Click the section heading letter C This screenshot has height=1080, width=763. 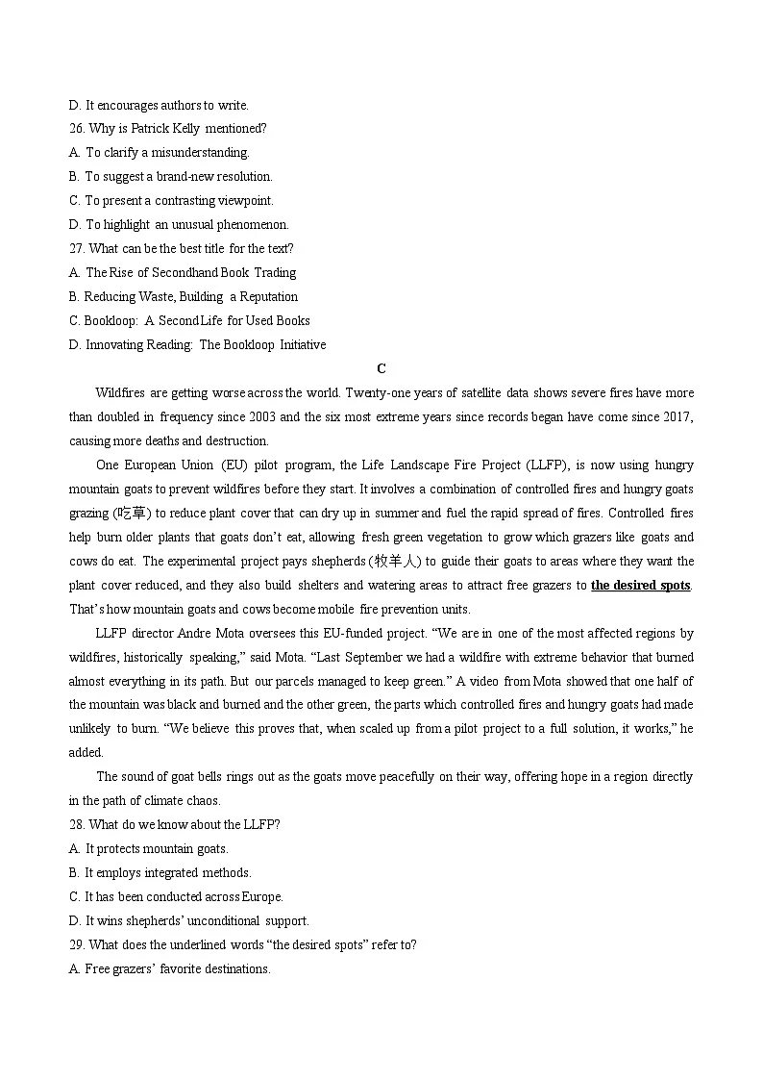click(381, 368)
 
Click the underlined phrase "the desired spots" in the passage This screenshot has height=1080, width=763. click(640, 585)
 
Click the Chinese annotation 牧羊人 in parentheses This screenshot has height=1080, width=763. click(396, 561)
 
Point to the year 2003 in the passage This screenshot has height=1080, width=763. click(262, 416)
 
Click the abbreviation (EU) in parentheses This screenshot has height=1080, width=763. click(235, 465)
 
